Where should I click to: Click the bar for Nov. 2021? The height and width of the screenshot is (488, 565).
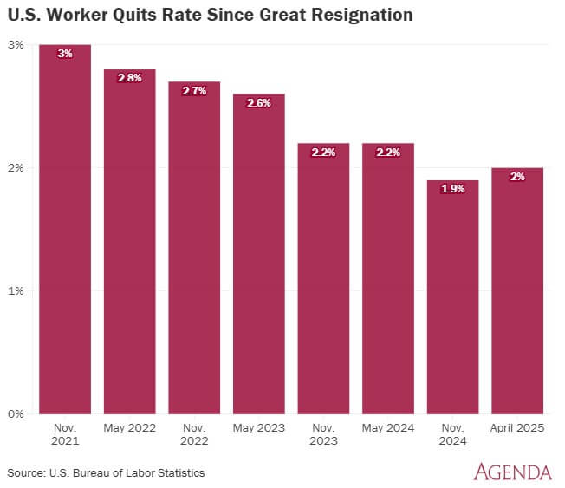coord(65,229)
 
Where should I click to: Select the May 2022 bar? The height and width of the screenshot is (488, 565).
coord(130,242)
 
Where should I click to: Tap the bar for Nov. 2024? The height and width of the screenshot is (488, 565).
coord(452,297)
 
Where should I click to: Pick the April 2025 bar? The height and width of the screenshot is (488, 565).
coord(517,291)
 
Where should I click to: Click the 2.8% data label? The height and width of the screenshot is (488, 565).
coord(130,78)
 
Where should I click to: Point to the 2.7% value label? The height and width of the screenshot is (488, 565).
coord(194,90)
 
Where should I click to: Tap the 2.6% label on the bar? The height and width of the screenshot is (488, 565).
coord(259,103)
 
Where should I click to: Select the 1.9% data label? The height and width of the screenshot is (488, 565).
coord(452,189)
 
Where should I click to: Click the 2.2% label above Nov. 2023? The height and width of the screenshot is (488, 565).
coord(323,153)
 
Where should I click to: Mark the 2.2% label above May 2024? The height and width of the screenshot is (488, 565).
coord(388,153)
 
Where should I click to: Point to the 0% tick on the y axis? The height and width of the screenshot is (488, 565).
coord(16,413)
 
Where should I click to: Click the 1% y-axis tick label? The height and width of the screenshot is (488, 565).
coord(16,291)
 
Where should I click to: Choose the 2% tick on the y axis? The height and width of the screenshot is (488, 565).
coord(16,168)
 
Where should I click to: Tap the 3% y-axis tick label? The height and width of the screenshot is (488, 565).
coord(16,45)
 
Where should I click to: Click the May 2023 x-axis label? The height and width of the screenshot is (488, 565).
coord(259,428)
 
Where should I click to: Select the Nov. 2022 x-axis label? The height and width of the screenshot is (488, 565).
coord(194,434)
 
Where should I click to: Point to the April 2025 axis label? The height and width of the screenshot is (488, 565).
coord(517,428)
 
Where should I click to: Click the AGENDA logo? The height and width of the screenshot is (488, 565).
coord(513,472)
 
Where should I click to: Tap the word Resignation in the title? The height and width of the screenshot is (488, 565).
coord(362,16)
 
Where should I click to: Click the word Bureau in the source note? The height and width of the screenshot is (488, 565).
coord(92,473)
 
